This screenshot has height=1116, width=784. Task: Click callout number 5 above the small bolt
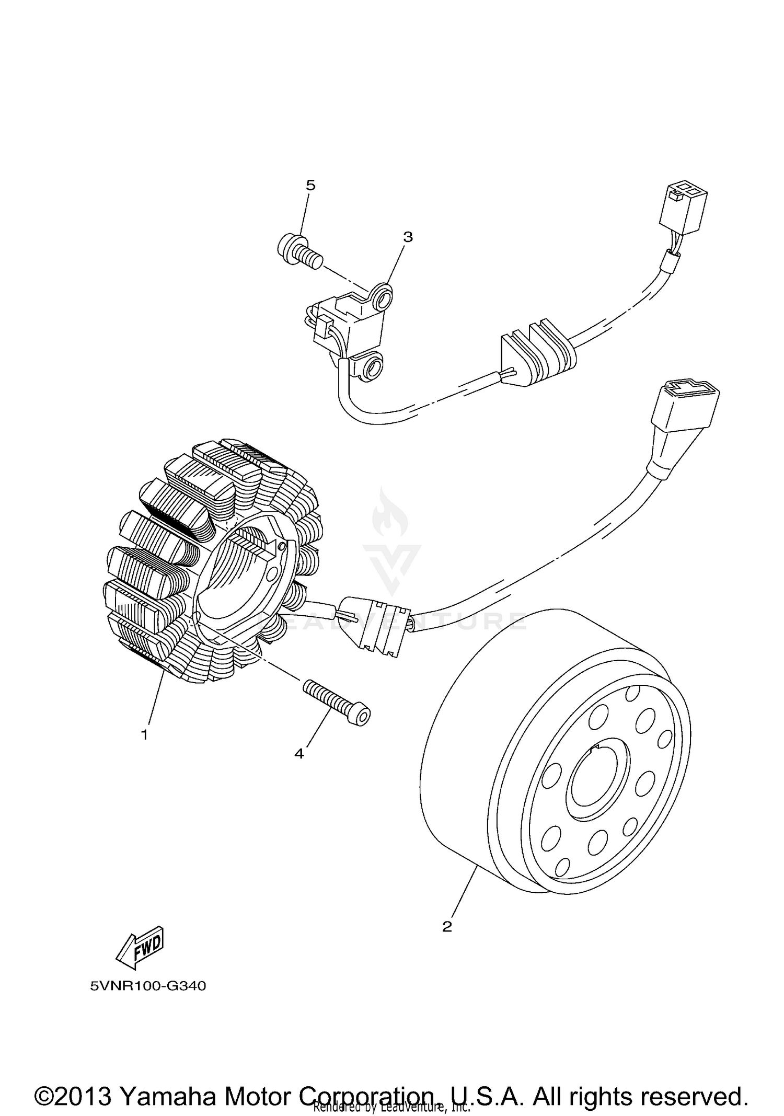click(x=310, y=186)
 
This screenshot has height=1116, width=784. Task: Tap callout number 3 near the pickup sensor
click(x=408, y=237)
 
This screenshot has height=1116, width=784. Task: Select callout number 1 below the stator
click(x=144, y=734)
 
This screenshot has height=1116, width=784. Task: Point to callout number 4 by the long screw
click(x=299, y=753)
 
